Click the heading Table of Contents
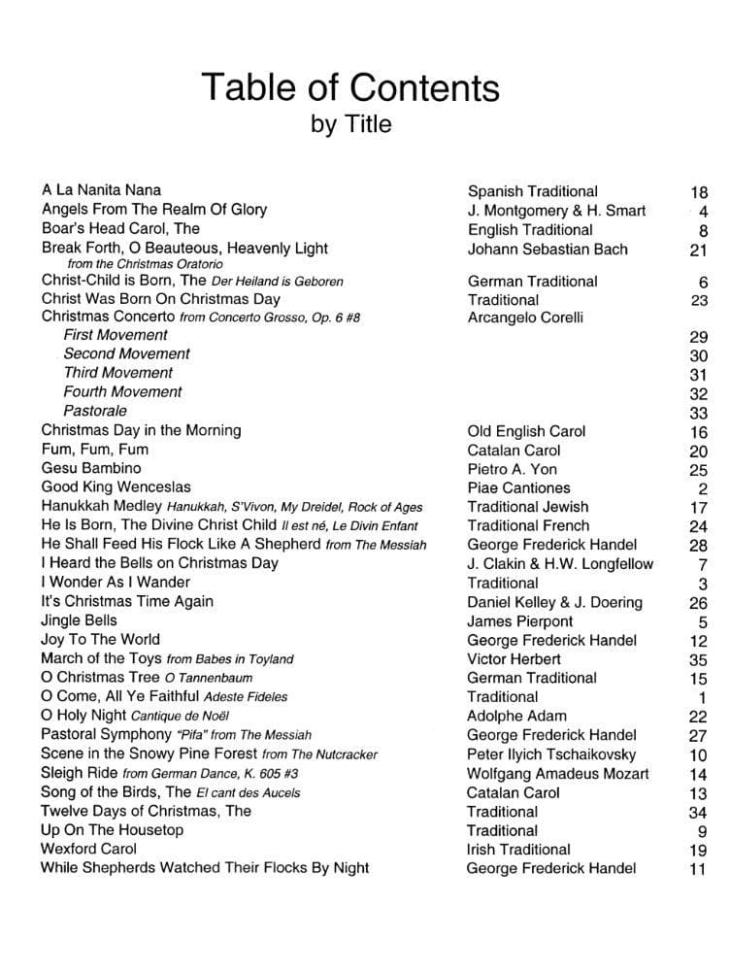tap(350, 88)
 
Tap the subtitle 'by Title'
tap(350, 124)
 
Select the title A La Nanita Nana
tap(102, 190)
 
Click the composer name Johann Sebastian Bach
tap(547, 249)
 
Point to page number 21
tap(698, 251)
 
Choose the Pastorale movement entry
tap(95, 411)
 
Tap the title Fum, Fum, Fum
tap(95, 449)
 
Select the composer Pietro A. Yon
tap(513, 469)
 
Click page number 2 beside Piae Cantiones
tap(703, 488)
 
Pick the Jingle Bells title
tap(79, 619)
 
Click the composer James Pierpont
tap(519, 620)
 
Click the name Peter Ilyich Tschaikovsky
tap(551, 753)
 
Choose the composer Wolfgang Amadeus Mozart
tap(557, 773)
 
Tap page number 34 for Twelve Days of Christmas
tap(698, 813)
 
